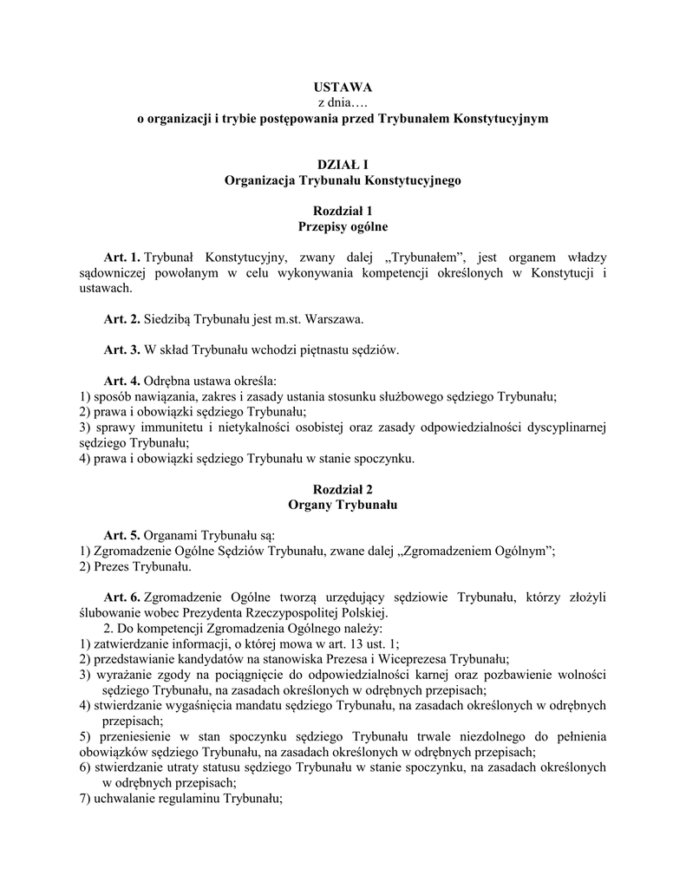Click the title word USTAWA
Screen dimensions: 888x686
click(x=343, y=88)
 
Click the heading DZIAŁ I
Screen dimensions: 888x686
click(x=343, y=165)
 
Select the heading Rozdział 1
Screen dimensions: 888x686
click(x=343, y=211)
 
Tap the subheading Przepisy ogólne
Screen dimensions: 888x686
click(x=343, y=226)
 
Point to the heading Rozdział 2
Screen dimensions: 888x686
click(x=343, y=489)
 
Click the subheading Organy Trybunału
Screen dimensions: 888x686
click(x=343, y=505)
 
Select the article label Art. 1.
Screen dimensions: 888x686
click(x=121, y=258)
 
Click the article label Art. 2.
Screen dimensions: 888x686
click(x=121, y=319)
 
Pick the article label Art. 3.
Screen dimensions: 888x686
click(x=121, y=349)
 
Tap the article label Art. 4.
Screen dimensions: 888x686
click(x=121, y=381)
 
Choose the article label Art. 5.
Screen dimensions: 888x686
click(x=121, y=535)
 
